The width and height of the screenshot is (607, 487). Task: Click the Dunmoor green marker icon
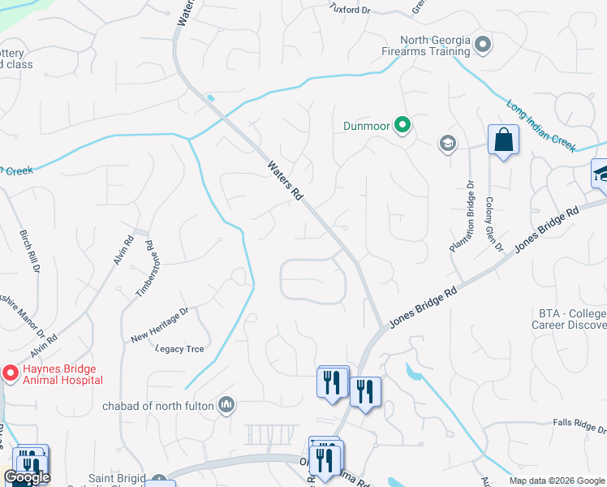tap(402, 125)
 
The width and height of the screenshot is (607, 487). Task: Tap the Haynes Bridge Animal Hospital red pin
tap(10, 373)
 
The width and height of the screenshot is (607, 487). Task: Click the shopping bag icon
tap(503, 140)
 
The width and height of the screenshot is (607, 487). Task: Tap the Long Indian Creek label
tap(540, 127)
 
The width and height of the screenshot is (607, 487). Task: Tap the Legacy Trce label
tap(179, 349)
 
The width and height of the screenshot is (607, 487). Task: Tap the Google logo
tap(27, 477)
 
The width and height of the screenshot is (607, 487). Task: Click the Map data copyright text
tap(557, 481)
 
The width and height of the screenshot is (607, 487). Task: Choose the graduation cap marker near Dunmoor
tap(446, 144)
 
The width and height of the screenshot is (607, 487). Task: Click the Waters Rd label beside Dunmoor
tap(286, 180)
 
